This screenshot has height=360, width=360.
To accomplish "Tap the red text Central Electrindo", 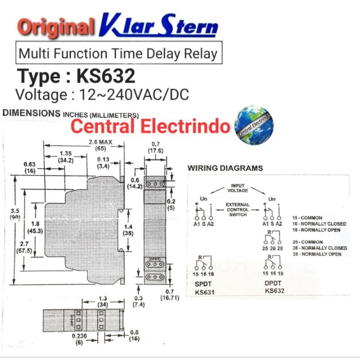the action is (x=150, y=126).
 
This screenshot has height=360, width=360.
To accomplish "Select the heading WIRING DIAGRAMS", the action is (x=225, y=168).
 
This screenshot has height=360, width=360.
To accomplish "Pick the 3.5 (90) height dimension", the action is (x=15, y=213).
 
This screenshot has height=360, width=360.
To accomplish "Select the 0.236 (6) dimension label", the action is (x=79, y=338).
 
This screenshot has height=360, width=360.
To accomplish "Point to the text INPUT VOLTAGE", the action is (x=237, y=188).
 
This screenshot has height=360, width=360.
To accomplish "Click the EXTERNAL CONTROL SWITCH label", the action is (x=238, y=209).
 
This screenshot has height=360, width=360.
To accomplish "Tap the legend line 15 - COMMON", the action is (x=307, y=217).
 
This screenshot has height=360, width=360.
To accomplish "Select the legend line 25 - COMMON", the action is (x=307, y=242).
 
